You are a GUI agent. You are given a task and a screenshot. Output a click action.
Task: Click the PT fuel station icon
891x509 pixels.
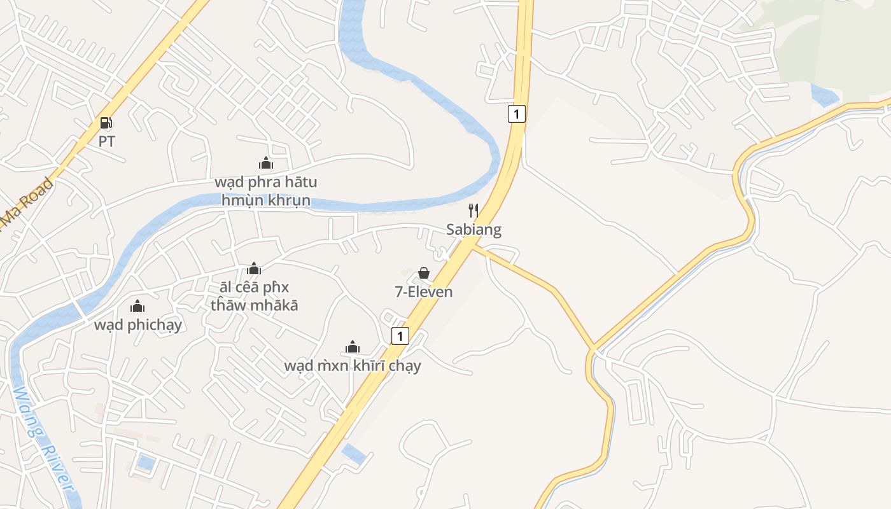point(106,123)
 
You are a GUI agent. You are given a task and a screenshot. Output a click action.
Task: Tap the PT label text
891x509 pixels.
point(107,141)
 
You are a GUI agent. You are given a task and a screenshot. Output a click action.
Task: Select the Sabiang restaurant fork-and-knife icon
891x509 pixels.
point(474,211)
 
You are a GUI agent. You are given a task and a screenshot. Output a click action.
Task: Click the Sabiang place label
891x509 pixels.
point(474,230)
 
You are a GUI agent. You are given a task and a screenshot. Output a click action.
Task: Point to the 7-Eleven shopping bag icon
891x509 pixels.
point(424,274)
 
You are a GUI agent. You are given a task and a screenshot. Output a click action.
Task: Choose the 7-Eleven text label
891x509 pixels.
point(424,292)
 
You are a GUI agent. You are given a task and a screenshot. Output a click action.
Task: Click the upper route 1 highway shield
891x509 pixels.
point(517,114)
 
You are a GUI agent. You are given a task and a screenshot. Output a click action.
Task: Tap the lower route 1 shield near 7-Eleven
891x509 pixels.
point(400,335)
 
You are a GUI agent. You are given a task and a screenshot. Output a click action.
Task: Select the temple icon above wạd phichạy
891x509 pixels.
point(137,307)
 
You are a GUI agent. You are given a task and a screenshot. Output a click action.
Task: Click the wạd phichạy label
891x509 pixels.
point(138,325)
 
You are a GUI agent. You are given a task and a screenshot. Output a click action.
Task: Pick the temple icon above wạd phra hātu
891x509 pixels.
point(266,164)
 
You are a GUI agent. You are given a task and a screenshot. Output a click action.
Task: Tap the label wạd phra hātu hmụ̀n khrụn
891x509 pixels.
point(266,192)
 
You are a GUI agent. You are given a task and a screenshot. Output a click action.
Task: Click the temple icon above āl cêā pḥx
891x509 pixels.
point(255,268)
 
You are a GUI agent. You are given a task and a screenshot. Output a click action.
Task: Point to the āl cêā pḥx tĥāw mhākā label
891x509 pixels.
point(255,296)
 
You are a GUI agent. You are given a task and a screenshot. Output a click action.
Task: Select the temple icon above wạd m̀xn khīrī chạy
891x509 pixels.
point(353,347)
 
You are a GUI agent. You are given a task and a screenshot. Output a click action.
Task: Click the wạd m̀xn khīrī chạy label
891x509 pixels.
point(353,366)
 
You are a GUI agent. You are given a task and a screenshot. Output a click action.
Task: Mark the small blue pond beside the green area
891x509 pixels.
point(825,95)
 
